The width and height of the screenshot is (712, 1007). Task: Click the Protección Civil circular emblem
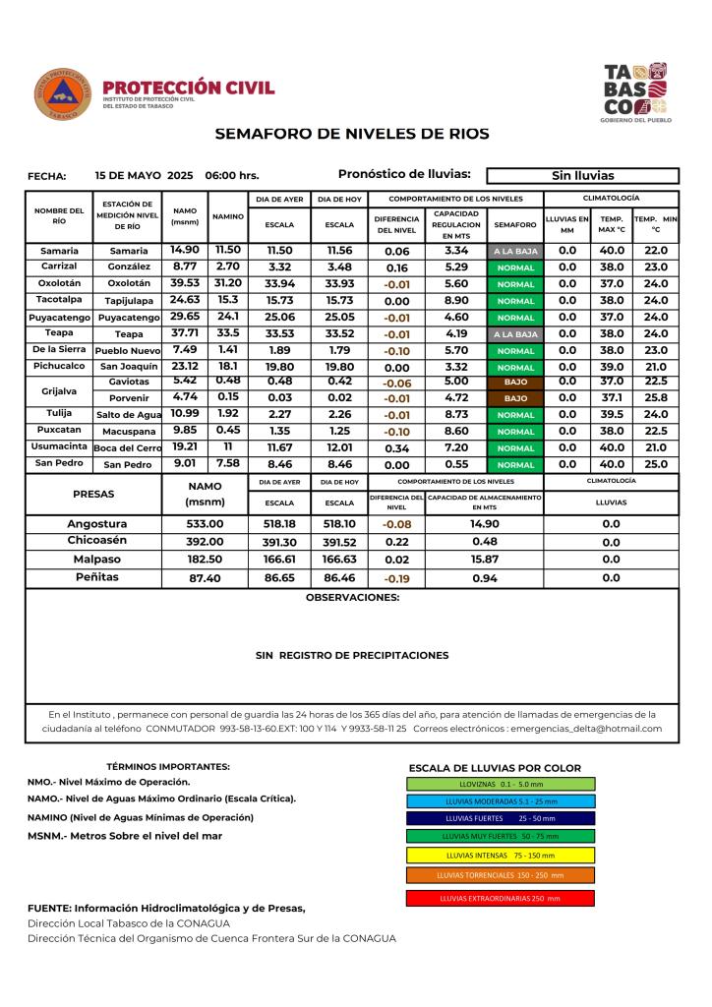61,94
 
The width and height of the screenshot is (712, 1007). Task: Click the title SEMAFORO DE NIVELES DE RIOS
351,134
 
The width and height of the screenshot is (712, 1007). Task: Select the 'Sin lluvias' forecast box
582,176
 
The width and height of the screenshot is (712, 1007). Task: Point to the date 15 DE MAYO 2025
144,176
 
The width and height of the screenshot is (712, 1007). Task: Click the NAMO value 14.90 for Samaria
185,250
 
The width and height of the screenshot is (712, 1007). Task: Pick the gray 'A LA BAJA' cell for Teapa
515,333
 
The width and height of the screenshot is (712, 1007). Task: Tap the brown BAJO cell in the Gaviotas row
515,382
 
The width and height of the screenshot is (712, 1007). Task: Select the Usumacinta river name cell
59,446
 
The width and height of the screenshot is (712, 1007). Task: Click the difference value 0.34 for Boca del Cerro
397,447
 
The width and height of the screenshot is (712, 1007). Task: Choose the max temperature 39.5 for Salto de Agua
612,414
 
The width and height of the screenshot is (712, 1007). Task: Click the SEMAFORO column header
515,225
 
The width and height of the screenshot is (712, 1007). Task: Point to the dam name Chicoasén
96,541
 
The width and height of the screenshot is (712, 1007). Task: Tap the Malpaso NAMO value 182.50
205,559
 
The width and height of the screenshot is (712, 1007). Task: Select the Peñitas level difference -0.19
396,578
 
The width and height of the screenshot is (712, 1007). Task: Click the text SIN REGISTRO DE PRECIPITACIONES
351,655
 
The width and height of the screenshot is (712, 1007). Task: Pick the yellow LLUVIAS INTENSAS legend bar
500,855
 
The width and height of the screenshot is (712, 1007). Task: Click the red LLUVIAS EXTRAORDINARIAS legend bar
500,898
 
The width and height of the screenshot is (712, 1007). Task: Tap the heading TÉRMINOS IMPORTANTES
167,766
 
